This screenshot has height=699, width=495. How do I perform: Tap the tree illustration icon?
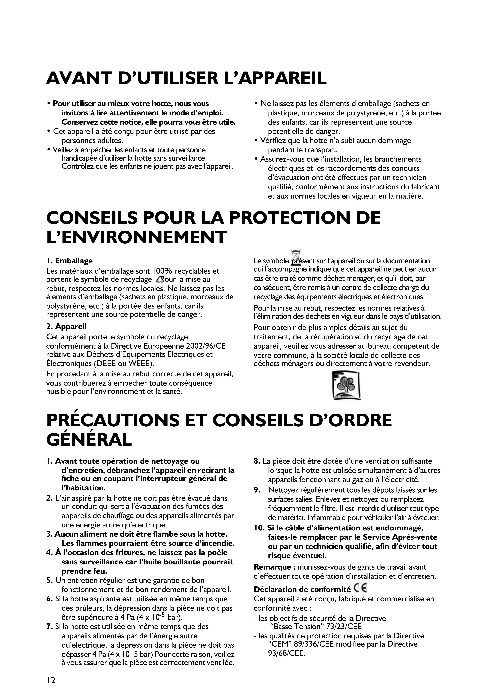(x=346, y=385)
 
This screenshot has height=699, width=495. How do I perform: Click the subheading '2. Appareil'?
(x=66, y=327)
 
